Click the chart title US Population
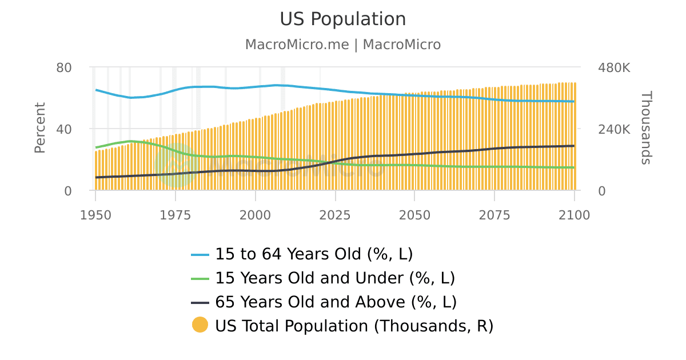342,19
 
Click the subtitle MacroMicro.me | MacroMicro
342,45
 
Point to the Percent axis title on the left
39,128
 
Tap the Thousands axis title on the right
645,128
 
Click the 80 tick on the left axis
64,67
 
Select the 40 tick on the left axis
64,129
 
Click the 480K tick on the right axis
614,67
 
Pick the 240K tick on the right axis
614,129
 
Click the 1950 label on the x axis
95,215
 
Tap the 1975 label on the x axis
175,215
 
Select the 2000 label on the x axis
255,215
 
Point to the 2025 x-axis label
334,215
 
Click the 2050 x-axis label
414,215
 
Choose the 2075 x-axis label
494,215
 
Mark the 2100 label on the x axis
573,215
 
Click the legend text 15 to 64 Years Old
314,254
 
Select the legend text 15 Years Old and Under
335,278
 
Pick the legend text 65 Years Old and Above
336,302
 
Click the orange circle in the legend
200,325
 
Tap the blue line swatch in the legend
200,254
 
